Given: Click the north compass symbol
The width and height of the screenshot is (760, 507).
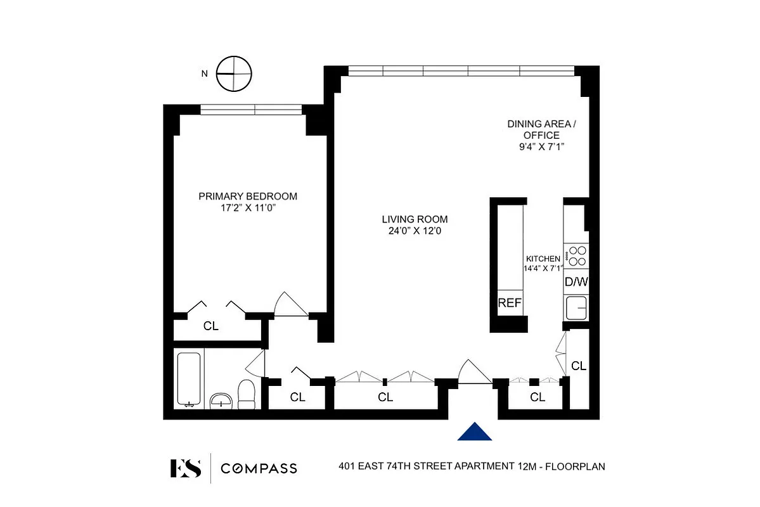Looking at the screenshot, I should [x=234, y=74].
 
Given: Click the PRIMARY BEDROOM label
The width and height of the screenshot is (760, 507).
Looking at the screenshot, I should [x=248, y=196].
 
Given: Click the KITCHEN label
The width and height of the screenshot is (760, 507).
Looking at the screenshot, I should [x=543, y=259].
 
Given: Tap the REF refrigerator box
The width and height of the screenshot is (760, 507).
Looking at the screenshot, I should [x=510, y=304].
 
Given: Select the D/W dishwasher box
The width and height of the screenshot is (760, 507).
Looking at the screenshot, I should [x=576, y=281].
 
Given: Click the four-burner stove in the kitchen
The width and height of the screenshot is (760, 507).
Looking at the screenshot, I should [x=576, y=255].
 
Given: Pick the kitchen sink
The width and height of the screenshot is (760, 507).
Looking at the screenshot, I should [x=576, y=309].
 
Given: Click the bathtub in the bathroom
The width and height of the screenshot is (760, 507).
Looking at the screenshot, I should [x=189, y=379].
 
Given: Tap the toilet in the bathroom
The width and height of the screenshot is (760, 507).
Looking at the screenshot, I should [x=245, y=394].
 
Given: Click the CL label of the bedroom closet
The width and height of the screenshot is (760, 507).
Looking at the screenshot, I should [x=210, y=326].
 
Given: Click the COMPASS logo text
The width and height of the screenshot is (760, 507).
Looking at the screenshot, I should [x=259, y=468].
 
